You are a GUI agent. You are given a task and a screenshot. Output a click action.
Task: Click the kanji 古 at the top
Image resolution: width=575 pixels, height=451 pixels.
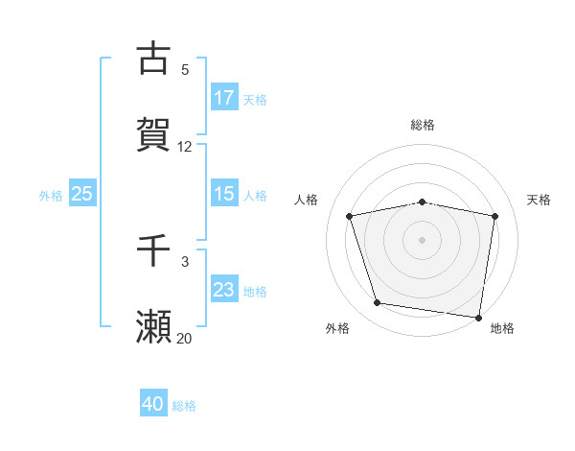point(153,59)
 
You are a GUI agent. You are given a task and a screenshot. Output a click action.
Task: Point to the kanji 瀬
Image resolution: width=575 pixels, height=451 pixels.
point(153,326)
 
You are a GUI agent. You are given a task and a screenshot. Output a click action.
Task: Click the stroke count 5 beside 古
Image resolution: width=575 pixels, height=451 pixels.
point(185,70)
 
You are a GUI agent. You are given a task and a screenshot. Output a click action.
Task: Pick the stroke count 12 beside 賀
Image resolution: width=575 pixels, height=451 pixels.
point(185,147)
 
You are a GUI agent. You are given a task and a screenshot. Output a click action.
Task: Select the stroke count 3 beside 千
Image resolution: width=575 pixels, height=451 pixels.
point(185,261)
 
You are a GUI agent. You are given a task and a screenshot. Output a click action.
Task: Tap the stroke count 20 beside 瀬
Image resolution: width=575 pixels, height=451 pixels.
point(185,338)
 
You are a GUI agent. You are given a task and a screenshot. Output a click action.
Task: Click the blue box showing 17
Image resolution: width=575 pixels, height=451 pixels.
point(223,98)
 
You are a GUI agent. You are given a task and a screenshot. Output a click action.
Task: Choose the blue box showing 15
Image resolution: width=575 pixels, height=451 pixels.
point(223,194)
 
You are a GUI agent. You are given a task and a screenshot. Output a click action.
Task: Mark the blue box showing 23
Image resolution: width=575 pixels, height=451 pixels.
point(223,290)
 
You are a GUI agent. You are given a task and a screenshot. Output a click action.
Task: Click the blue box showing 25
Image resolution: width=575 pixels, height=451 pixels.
point(81,194)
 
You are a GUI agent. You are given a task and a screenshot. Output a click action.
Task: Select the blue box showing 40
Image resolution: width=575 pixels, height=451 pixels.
point(153,404)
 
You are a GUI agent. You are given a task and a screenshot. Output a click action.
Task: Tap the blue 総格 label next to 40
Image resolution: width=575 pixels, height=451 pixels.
point(184,406)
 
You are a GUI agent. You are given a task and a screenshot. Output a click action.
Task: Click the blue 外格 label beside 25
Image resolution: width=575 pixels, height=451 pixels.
point(51,195)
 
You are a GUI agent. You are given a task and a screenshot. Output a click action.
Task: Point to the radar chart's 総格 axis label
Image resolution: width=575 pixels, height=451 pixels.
point(423,125)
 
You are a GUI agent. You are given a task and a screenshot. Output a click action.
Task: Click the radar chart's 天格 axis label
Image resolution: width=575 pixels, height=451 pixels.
point(540,200)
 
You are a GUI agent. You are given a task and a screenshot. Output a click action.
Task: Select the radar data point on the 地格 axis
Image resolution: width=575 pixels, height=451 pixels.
point(478,316)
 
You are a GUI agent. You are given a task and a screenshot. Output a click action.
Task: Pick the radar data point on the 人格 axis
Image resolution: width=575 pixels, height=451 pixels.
point(350,216)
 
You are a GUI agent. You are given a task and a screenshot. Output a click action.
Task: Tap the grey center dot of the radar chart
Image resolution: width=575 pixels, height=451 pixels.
point(423,239)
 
